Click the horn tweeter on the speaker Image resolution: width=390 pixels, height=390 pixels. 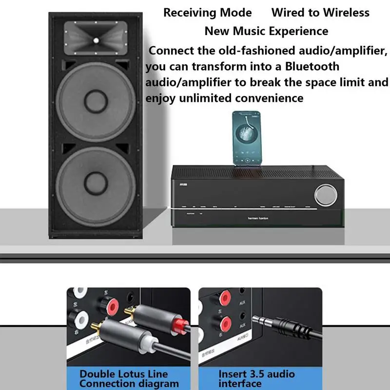point(96,39)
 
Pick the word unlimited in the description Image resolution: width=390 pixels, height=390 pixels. point(205,98)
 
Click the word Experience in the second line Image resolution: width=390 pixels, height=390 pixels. point(302,31)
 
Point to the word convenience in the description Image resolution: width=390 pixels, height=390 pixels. point(269,98)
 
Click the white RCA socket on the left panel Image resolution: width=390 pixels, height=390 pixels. point(79,321)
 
